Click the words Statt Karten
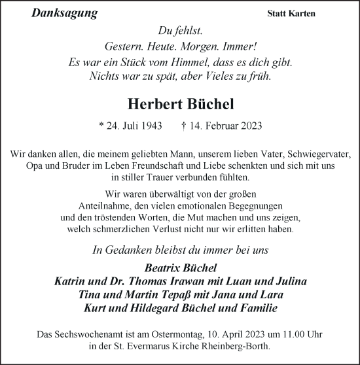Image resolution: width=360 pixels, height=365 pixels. [291, 14]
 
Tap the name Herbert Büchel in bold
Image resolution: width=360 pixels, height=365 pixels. [180, 105]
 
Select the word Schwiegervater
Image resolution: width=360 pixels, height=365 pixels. [319, 154]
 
